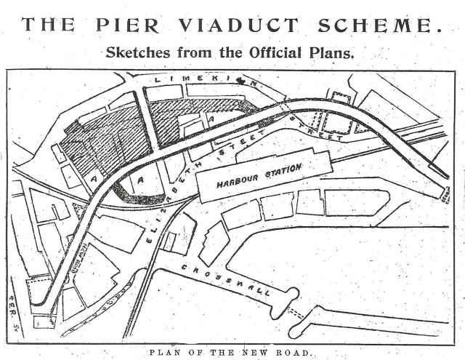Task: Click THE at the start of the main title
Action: (x=47, y=23)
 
